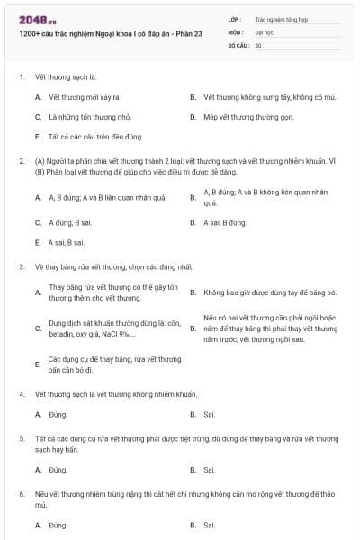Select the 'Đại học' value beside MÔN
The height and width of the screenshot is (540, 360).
[x=264, y=31]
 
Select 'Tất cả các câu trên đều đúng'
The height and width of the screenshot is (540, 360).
[x=95, y=137]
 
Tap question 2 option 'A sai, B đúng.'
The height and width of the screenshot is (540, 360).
[x=225, y=222]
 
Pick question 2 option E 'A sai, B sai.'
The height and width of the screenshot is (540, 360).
[x=67, y=242]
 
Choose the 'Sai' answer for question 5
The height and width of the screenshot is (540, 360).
[x=209, y=469]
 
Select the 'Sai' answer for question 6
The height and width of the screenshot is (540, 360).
[x=209, y=525]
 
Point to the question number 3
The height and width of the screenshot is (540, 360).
[x=21, y=266]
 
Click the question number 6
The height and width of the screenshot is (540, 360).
[x=21, y=494]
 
